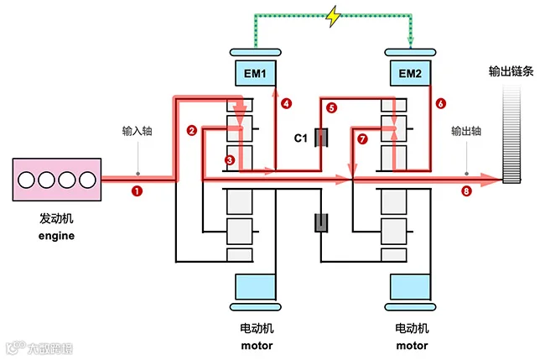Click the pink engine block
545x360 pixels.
click(57, 180)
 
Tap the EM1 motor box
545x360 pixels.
click(256, 73)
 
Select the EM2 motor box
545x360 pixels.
click(411, 73)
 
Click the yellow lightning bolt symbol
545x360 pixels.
click(334, 16)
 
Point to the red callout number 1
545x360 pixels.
click(137, 191)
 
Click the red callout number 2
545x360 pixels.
click(192, 130)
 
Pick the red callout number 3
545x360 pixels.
click(230, 160)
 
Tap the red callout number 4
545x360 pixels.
click(287, 103)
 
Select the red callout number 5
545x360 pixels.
click(331, 107)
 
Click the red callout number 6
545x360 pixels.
click(441, 103)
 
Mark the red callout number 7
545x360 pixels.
click(362, 139)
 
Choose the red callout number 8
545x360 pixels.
click(466, 191)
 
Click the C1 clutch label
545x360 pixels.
click(301, 138)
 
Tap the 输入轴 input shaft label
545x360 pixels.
click(138, 131)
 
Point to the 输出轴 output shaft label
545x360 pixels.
click(466, 131)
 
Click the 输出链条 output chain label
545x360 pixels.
click(511, 71)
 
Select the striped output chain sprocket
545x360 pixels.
click(511, 134)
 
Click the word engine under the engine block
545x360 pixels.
click(57, 236)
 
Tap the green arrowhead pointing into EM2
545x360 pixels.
click(411, 42)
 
